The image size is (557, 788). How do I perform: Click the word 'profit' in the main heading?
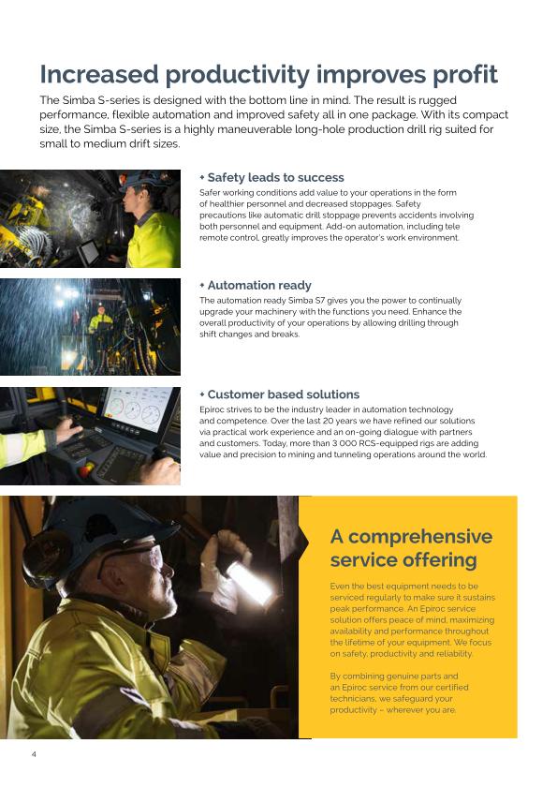click(x=451, y=75)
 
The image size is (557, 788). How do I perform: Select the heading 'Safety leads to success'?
click(x=275, y=177)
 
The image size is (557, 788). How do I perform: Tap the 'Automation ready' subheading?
click(x=259, y=285)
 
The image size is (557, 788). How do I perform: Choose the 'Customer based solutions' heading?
click(x=283, y=394)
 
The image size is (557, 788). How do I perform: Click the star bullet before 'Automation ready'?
click(x=201, y=285)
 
